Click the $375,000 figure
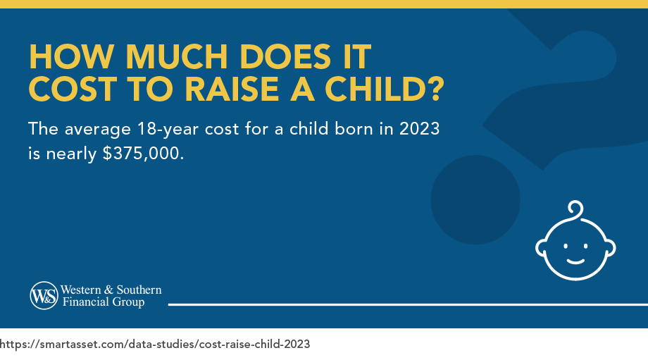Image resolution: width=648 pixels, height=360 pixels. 143,154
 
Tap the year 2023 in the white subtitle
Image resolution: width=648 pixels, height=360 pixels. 419,130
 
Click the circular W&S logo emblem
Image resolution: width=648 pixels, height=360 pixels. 43,295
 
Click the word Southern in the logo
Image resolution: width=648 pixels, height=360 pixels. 138,290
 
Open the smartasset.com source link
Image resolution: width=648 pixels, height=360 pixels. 155,345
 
